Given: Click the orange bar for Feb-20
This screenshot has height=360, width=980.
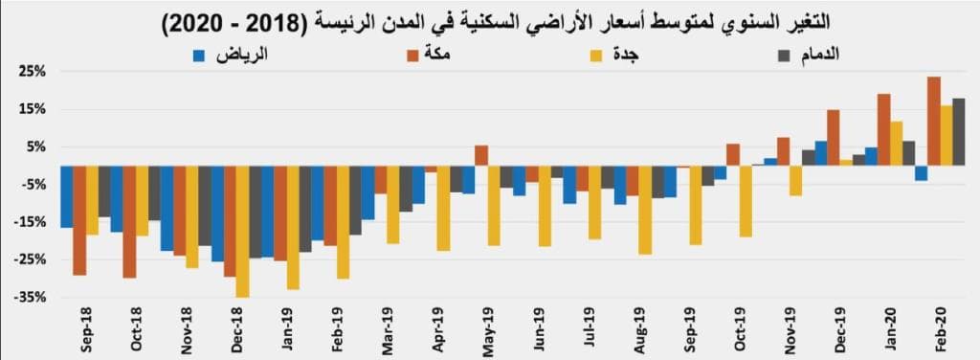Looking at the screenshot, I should click(x=934, y=121).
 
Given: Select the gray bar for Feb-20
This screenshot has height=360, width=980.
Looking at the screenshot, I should click(x=958, y=132).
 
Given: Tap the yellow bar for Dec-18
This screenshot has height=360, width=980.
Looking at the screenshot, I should click(x=243, y=231).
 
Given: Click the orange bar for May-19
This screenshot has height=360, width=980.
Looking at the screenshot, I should click(x=481, y=155).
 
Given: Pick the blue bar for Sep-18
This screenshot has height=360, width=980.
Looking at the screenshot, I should click(x=66, y=196).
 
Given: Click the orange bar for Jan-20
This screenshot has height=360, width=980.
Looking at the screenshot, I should click(x=884, y=129).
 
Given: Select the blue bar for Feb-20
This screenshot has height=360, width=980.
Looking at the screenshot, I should click(x=921, y=173).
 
